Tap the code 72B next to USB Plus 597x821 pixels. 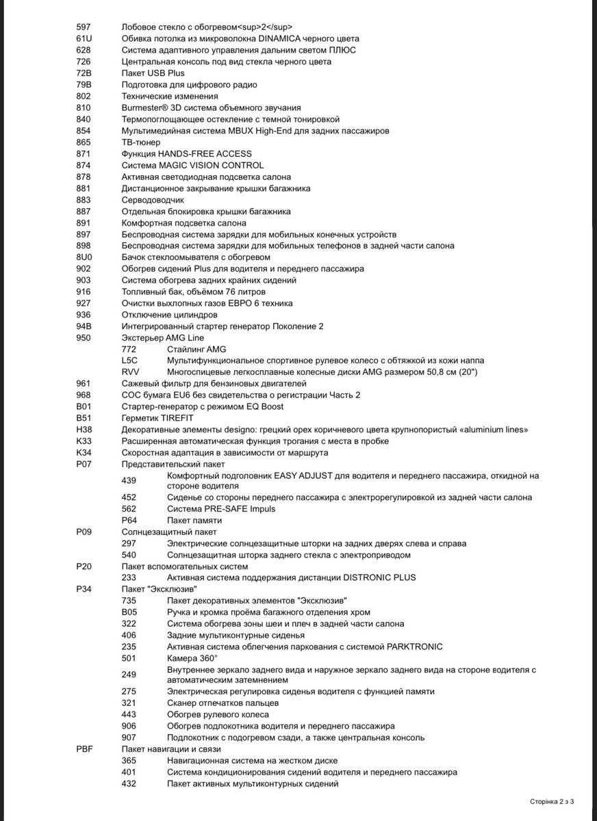[x=83, y=73]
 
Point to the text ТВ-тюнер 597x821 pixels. [x=141, y=142]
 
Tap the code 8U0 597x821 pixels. [x=83, y=257]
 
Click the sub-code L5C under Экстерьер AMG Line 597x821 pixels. [x=129, y=360]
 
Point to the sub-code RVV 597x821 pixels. [x=129, y=372]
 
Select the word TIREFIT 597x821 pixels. [x=175, y=418]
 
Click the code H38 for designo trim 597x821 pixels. [x=83, y=430]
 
